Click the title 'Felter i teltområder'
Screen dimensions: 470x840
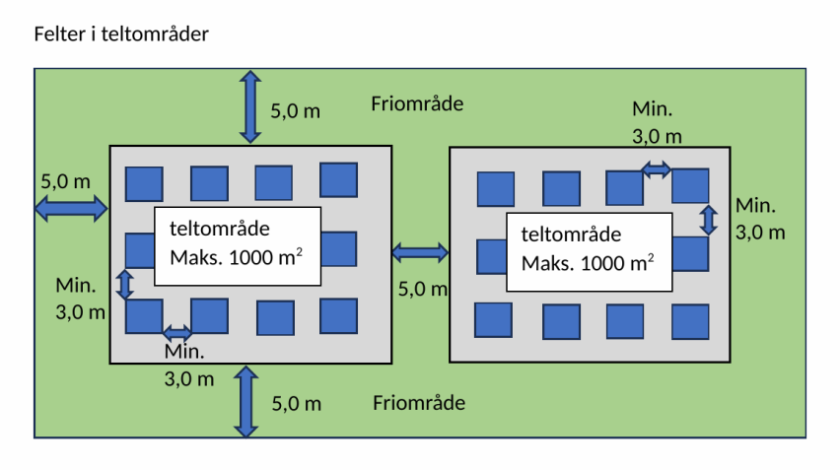coord(121,34)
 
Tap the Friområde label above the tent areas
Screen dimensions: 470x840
coord(417,103)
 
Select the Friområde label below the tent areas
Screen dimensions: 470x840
coord(419,402)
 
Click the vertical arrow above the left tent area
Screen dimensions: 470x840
coord(251,106)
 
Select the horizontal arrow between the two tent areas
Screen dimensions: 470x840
coord(420,254)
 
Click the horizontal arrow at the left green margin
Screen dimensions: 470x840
coord(70,208)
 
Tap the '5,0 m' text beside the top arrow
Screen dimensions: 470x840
coord(295,110)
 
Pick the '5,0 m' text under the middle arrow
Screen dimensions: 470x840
coord(422,290)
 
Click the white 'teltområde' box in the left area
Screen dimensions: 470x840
coord(238,245)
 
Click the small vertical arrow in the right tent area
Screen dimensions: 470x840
coord(708,219)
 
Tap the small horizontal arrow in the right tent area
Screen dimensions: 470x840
coord(657,169)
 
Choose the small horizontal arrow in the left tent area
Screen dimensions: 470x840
coord(177,332)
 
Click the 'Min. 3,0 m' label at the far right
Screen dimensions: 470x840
coord(761,219)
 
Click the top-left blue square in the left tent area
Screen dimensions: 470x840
coord(144,184)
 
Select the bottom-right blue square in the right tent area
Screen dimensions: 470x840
coord(690,321)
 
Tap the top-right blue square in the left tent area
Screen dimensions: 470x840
coord(338,180)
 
